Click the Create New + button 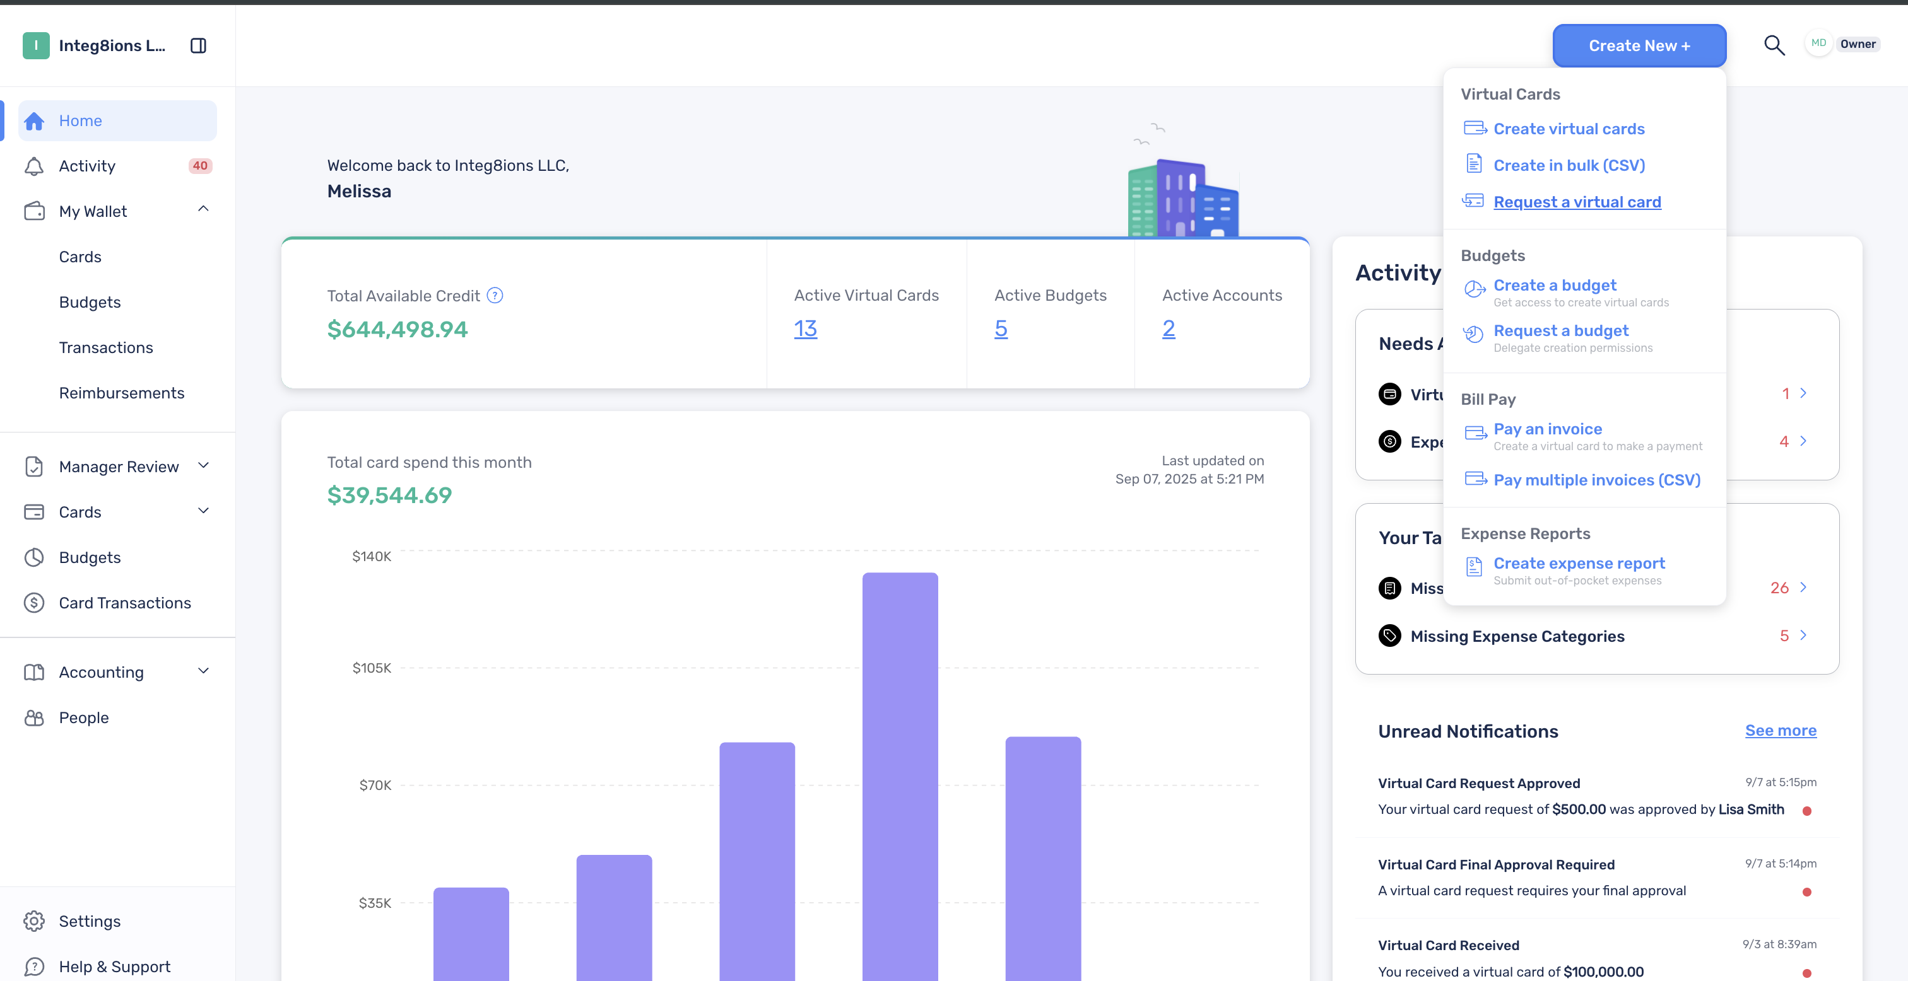pos(1639,46)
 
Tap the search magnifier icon pos(1774,45)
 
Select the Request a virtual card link pos(1577,202)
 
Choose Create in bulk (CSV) pos(1569,165)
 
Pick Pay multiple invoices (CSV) pos(1597,480)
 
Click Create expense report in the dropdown pos(1579,564)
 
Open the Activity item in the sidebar pos(88,166)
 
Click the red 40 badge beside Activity pos(200,166)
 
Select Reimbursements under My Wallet pos(122,393)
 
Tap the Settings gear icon pos(34,921)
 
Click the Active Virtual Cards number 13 pos(805,328)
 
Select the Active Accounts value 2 pos(1168,328)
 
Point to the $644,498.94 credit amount pos(397,330)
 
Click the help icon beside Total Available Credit pos(495,296)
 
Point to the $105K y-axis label pos(372,668)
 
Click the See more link pos(1781,731)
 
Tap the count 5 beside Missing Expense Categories pos(1784,636)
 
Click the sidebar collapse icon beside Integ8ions pos(197,46)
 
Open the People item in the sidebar pos(84,718)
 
